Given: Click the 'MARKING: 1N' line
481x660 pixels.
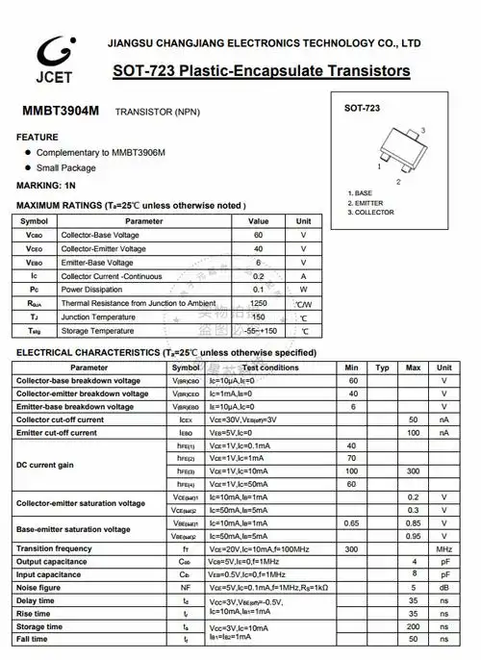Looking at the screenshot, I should point(45,185).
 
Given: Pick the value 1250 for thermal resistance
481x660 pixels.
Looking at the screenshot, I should point(258,303).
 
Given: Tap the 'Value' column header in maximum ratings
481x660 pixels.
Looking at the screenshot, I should point(258,221).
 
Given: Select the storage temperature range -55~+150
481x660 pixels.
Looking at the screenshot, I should point(259,330).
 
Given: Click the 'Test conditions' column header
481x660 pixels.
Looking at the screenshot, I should point(270,368).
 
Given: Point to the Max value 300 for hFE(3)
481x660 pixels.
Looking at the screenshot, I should point(413,471).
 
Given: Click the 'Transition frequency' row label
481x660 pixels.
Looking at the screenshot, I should point(55,548).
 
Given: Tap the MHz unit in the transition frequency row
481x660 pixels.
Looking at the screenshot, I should point(444,548).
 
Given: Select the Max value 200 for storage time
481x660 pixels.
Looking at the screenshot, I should point(414,625).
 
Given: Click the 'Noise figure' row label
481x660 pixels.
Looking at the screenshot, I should point(39,587).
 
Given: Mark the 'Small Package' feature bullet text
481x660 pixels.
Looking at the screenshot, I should point(66,167).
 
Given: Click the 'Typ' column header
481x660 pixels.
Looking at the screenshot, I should point(382,368).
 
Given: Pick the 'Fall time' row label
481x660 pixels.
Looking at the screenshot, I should point(32,639).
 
